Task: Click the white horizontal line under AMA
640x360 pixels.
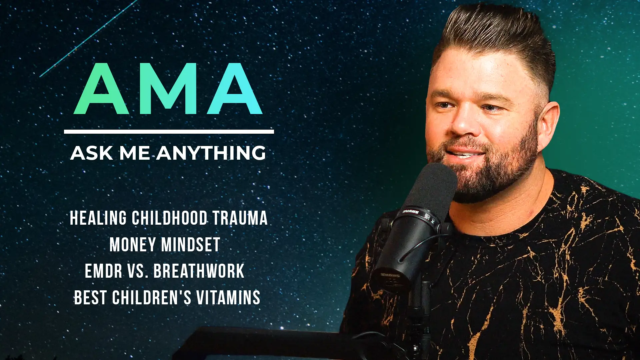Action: click(169, 132)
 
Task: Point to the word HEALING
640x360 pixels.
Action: click(98, 218)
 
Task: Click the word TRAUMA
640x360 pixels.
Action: click(240, 218)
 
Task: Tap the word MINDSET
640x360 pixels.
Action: click(191, 245)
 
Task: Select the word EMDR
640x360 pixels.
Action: click(103, 271)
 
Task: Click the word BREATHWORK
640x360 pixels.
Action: click(199, 271)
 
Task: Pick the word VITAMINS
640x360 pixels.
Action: click(228, 298)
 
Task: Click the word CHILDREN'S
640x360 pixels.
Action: click(152, 298)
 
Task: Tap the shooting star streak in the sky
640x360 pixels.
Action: click(89, 38)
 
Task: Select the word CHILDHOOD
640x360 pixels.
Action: click(170, 218)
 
